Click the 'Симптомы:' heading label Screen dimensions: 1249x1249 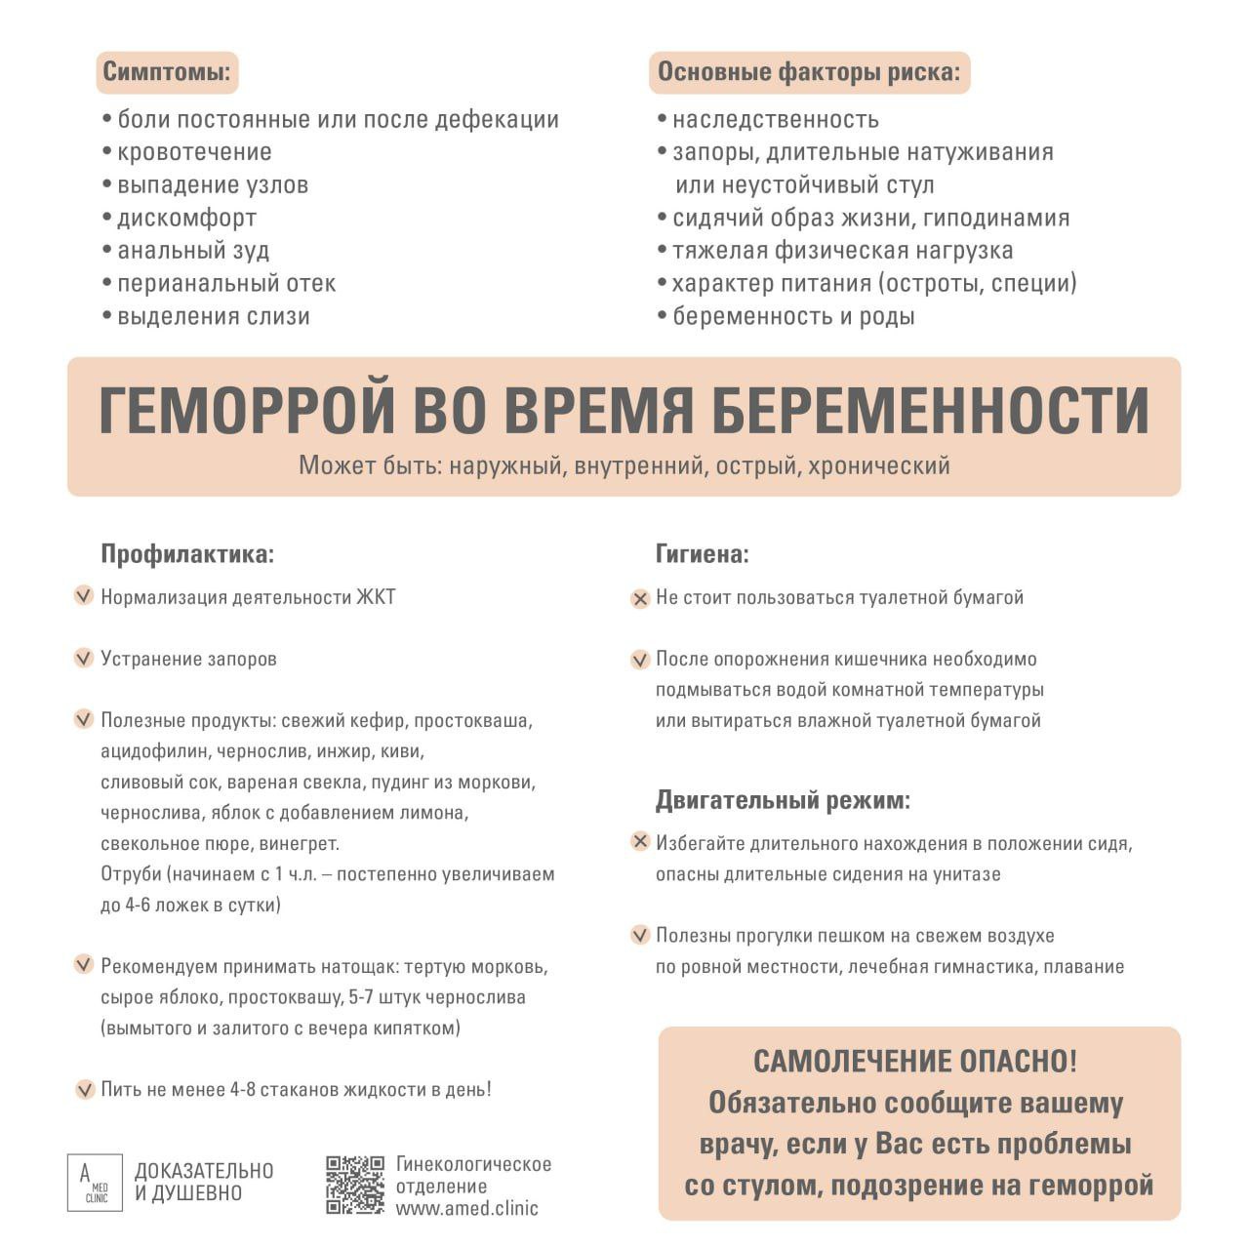pos(168,72)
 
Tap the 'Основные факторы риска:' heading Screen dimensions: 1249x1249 pos(808,72)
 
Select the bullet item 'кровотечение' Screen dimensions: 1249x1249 pos(194,152)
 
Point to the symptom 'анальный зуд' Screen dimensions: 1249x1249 pos(193,251)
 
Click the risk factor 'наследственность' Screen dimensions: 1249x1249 pos(775,120)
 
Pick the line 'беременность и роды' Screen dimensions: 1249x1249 pos(792,316)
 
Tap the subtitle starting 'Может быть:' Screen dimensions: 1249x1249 pos(624,465)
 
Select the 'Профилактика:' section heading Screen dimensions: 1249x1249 pos(187,554)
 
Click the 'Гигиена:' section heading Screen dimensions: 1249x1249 pos(702,554)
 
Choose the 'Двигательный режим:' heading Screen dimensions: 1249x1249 pos(782,801)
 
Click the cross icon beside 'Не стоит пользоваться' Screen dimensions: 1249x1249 pos(640,598)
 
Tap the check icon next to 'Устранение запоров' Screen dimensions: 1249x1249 pos(84,659)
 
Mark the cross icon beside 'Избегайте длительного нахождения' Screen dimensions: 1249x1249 pos(640,842)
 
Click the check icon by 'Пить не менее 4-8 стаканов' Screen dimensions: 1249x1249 pos(84,1089)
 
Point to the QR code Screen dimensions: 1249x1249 pos(355,1185)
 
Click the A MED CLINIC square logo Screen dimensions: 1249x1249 pos(95,1183)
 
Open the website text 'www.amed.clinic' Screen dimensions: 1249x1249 pos(466,1208)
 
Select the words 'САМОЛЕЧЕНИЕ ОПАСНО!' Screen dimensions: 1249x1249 pos(915,1062)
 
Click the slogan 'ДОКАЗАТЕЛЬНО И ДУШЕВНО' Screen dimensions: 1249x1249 pos(204,1182)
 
